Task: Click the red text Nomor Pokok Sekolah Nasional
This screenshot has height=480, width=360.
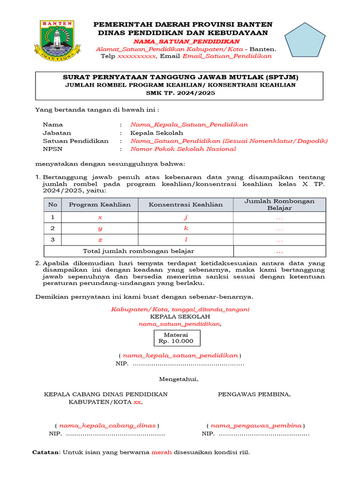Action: tap(183, 149)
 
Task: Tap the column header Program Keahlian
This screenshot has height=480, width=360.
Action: tap(99, 204)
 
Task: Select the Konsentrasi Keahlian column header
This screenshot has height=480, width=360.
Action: tap(186, 204)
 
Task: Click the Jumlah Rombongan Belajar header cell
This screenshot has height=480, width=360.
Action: tap(279, 204)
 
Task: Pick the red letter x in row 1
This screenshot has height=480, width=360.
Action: tap(100, 217)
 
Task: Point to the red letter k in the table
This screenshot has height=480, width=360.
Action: tap(186, 228)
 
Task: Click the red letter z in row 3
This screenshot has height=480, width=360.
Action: tap(100, 240)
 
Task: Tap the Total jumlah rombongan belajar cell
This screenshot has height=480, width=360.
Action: tap(138, 251)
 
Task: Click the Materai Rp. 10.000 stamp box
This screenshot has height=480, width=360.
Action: tap(177, 337)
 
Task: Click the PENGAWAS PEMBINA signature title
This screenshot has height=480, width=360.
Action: tap(254, 394)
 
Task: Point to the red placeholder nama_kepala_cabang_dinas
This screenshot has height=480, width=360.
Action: tap(107, 426)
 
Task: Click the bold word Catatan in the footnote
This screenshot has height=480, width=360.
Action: tap(46, 452)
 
